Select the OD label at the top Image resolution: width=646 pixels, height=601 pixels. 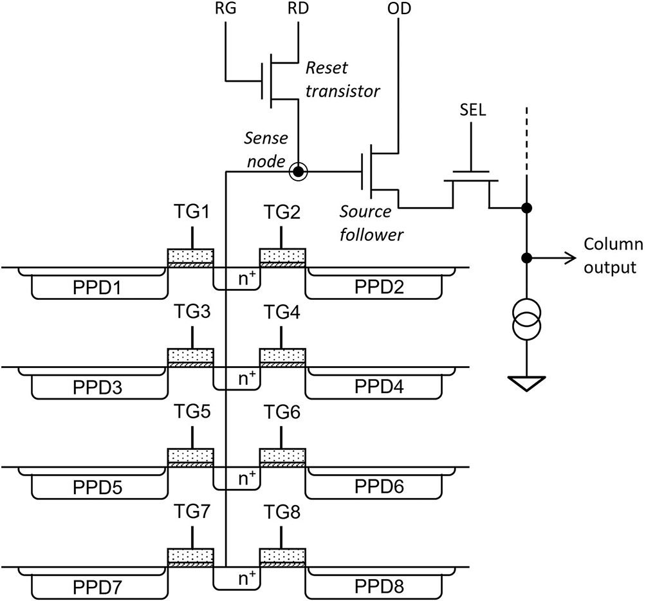coord(399,10)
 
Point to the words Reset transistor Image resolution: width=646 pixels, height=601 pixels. coord(342,79)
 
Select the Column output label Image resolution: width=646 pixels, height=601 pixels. coord(613,255)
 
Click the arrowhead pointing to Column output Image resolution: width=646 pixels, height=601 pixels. coord(569,258)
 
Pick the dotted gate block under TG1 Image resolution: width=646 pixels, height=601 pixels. coord(190,255)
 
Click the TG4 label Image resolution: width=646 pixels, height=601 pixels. coord(281,313)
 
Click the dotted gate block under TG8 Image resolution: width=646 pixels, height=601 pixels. coord(282,555)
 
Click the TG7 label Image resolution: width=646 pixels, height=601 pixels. coord(192,513)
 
